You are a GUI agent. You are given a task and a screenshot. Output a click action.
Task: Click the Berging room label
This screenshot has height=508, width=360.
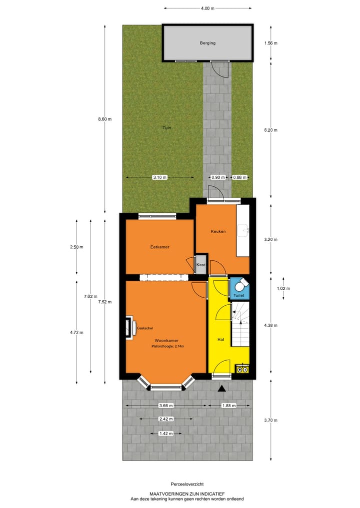point(208,43)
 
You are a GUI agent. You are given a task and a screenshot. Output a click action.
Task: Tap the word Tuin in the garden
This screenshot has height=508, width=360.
point(166,128)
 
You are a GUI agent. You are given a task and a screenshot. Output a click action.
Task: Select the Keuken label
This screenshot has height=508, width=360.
point(218,231)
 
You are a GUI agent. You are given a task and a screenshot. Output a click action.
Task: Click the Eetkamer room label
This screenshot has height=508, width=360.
point(160,247)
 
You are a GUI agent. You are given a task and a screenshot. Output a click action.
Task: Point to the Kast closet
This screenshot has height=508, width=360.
point(201,264)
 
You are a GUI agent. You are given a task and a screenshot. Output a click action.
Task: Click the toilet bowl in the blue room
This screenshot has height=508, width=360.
point(240,286)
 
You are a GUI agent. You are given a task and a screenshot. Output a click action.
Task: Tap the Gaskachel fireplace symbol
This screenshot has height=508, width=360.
point(129,328)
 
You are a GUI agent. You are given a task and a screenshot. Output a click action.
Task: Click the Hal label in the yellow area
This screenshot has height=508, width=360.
point(220,339)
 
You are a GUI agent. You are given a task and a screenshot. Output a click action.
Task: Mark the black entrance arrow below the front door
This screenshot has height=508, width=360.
point(222,389)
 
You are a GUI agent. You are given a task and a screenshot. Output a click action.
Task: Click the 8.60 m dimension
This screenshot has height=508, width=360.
point(105,119)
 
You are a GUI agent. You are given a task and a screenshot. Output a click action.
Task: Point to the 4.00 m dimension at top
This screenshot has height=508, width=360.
point(207,8)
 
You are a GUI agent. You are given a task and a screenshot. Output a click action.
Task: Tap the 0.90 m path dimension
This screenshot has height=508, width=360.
point(216,177)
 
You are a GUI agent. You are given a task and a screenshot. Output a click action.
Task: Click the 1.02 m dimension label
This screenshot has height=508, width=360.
point(283,288)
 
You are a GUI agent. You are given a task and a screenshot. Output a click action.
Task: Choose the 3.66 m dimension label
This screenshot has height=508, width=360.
point(165,406)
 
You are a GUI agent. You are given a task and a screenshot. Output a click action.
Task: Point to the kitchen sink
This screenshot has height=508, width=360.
point(243,230)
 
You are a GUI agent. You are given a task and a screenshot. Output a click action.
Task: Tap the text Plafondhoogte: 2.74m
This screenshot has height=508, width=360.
point(168,346)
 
